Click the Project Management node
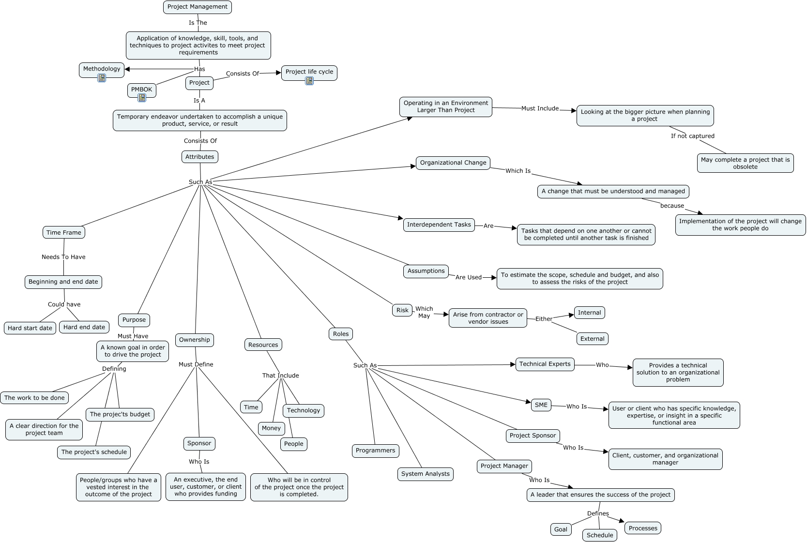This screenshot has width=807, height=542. [x=197, y=7]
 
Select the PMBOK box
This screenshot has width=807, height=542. [x=141, y=90]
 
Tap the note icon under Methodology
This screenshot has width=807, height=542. [x=102, y=78]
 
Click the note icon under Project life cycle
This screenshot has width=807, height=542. [x=309, y=81]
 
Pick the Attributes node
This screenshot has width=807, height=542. [x=199, y=157]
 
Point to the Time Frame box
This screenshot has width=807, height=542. [x=64, y=232]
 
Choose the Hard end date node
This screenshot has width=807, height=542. [x=84, y=327]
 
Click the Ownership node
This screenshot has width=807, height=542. [x=194, y=340]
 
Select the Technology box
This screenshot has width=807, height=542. [x=303, y=410]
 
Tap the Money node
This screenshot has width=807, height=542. [x=271, y=428]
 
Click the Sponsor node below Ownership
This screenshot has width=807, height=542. [x=199, y=443]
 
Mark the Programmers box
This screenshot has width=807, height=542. [x=375, y=451]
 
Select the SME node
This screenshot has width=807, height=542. [x=541, y=405]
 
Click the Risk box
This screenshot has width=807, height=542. [x=402, y=310]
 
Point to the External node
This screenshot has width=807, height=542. [x=592, y=339]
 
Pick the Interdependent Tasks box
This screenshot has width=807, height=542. [x=439, y=225]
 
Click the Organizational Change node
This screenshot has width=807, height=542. [x=453, y=163]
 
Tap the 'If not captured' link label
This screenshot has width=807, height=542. [x=692, y=136]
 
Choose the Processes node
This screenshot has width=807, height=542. [x=643, y=528]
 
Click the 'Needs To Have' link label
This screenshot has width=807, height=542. [x=63, y=257]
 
